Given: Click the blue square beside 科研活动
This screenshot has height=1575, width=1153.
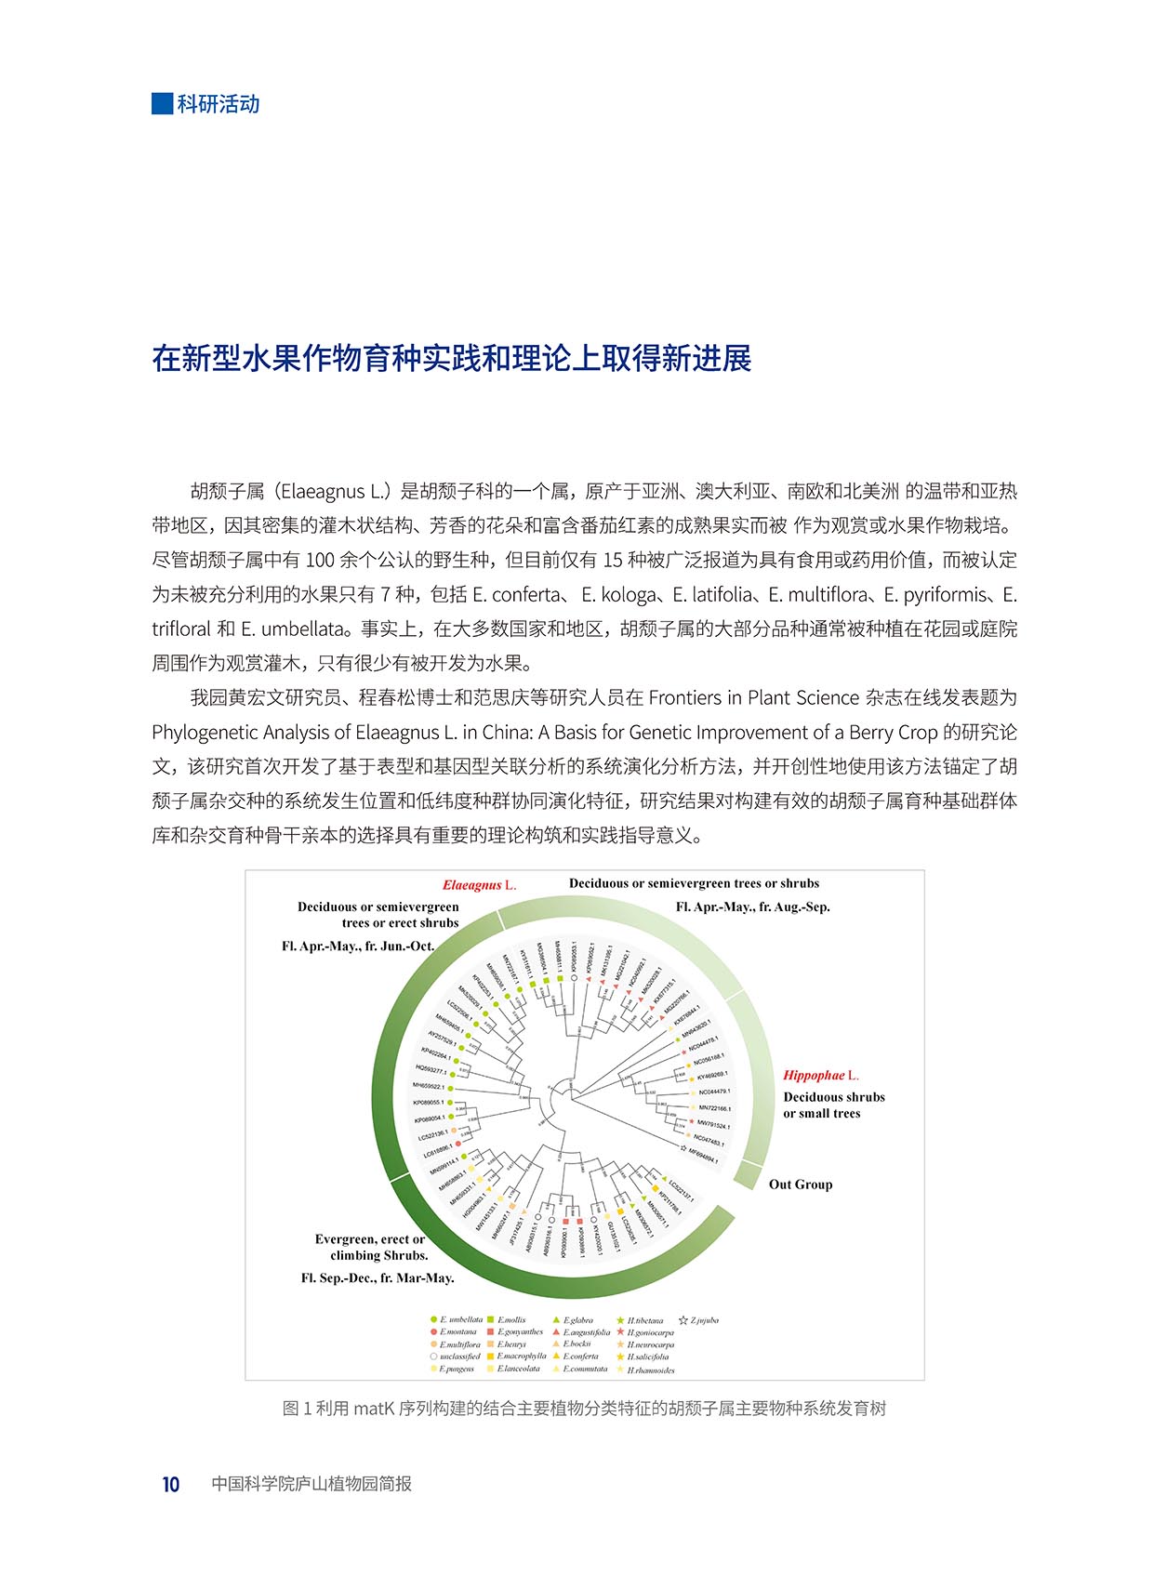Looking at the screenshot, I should click(x=163, y=103).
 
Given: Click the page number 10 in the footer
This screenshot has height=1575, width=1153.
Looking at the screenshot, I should click(x=171, y=1484).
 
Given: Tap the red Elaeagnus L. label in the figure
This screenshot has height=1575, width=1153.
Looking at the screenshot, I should click(x=479, y=885).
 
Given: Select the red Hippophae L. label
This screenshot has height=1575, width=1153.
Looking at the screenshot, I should click(x=821, y=1075).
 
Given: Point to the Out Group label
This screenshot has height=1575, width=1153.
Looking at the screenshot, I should click(x=801, y=1185).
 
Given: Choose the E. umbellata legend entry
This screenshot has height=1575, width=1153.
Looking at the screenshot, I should click(x=457, y=1320).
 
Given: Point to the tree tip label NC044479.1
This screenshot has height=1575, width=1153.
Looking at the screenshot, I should click(x=714, y=1092).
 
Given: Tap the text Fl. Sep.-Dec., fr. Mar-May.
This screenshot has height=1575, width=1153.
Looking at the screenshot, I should click(x=378, y=1278).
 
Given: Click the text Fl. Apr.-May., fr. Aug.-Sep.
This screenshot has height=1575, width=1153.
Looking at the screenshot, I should click(x=752, y=907).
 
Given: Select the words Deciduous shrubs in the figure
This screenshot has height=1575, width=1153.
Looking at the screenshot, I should click(x=834, y=1097).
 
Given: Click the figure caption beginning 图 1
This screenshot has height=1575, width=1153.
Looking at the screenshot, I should click(x=584, y=1409).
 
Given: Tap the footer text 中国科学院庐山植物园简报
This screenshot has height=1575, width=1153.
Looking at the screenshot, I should click(x=311, y=1484).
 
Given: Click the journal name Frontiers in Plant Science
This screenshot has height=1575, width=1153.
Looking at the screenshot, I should click(x=753, y=698).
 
